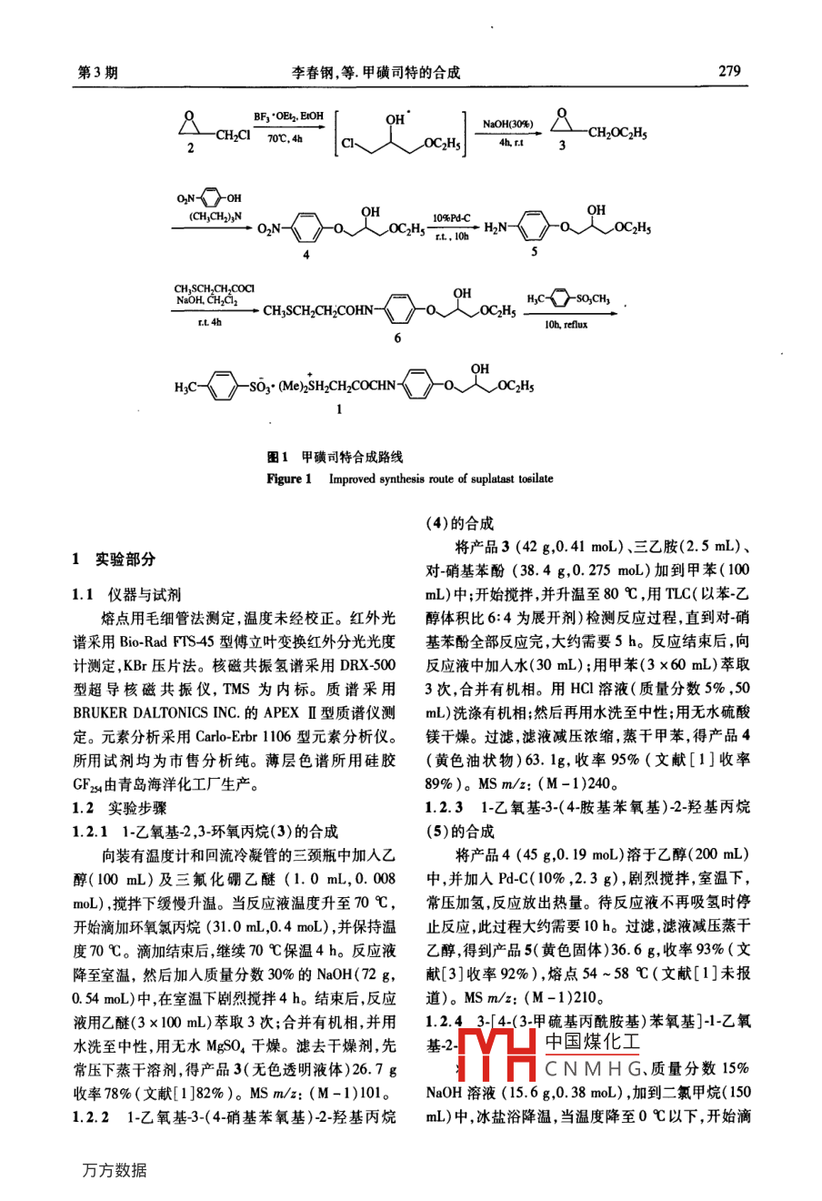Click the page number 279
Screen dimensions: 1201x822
[x=729, y=71]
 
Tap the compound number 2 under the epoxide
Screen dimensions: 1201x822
[x=191, y=147]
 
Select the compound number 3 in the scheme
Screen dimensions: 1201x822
[x=561, y=145]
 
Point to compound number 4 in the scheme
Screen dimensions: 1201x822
[x=306, y=255]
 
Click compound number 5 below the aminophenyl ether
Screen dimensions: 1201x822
[x=535, y=252]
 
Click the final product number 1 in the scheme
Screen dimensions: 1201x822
[x=339, y=410]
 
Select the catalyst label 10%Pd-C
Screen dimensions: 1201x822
[x=451, y=218]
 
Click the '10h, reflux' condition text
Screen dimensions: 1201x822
[x=566, y=324]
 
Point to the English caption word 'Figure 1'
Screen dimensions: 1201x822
[x=289, y=479]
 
